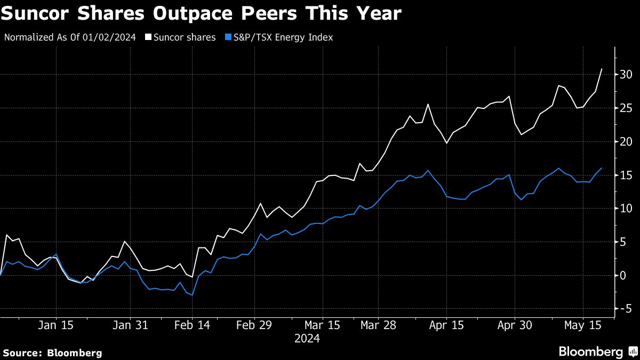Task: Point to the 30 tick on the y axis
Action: [x=626, y=75]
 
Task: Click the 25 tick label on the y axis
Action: [x=626, y=108]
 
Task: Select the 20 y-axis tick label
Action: [x=626, y=142]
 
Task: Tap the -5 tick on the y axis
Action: [x=623, y=309]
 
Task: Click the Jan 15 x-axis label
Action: [x=56, y=325]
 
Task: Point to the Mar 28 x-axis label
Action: [x=378, y=325]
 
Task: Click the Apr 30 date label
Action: [x=515, y=325]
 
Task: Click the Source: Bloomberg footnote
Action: [x=52, y=353]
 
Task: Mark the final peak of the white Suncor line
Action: [x=602, y=69]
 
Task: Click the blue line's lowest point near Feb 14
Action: [x=192, y=295]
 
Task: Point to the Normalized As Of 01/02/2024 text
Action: [x=70, y=37]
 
